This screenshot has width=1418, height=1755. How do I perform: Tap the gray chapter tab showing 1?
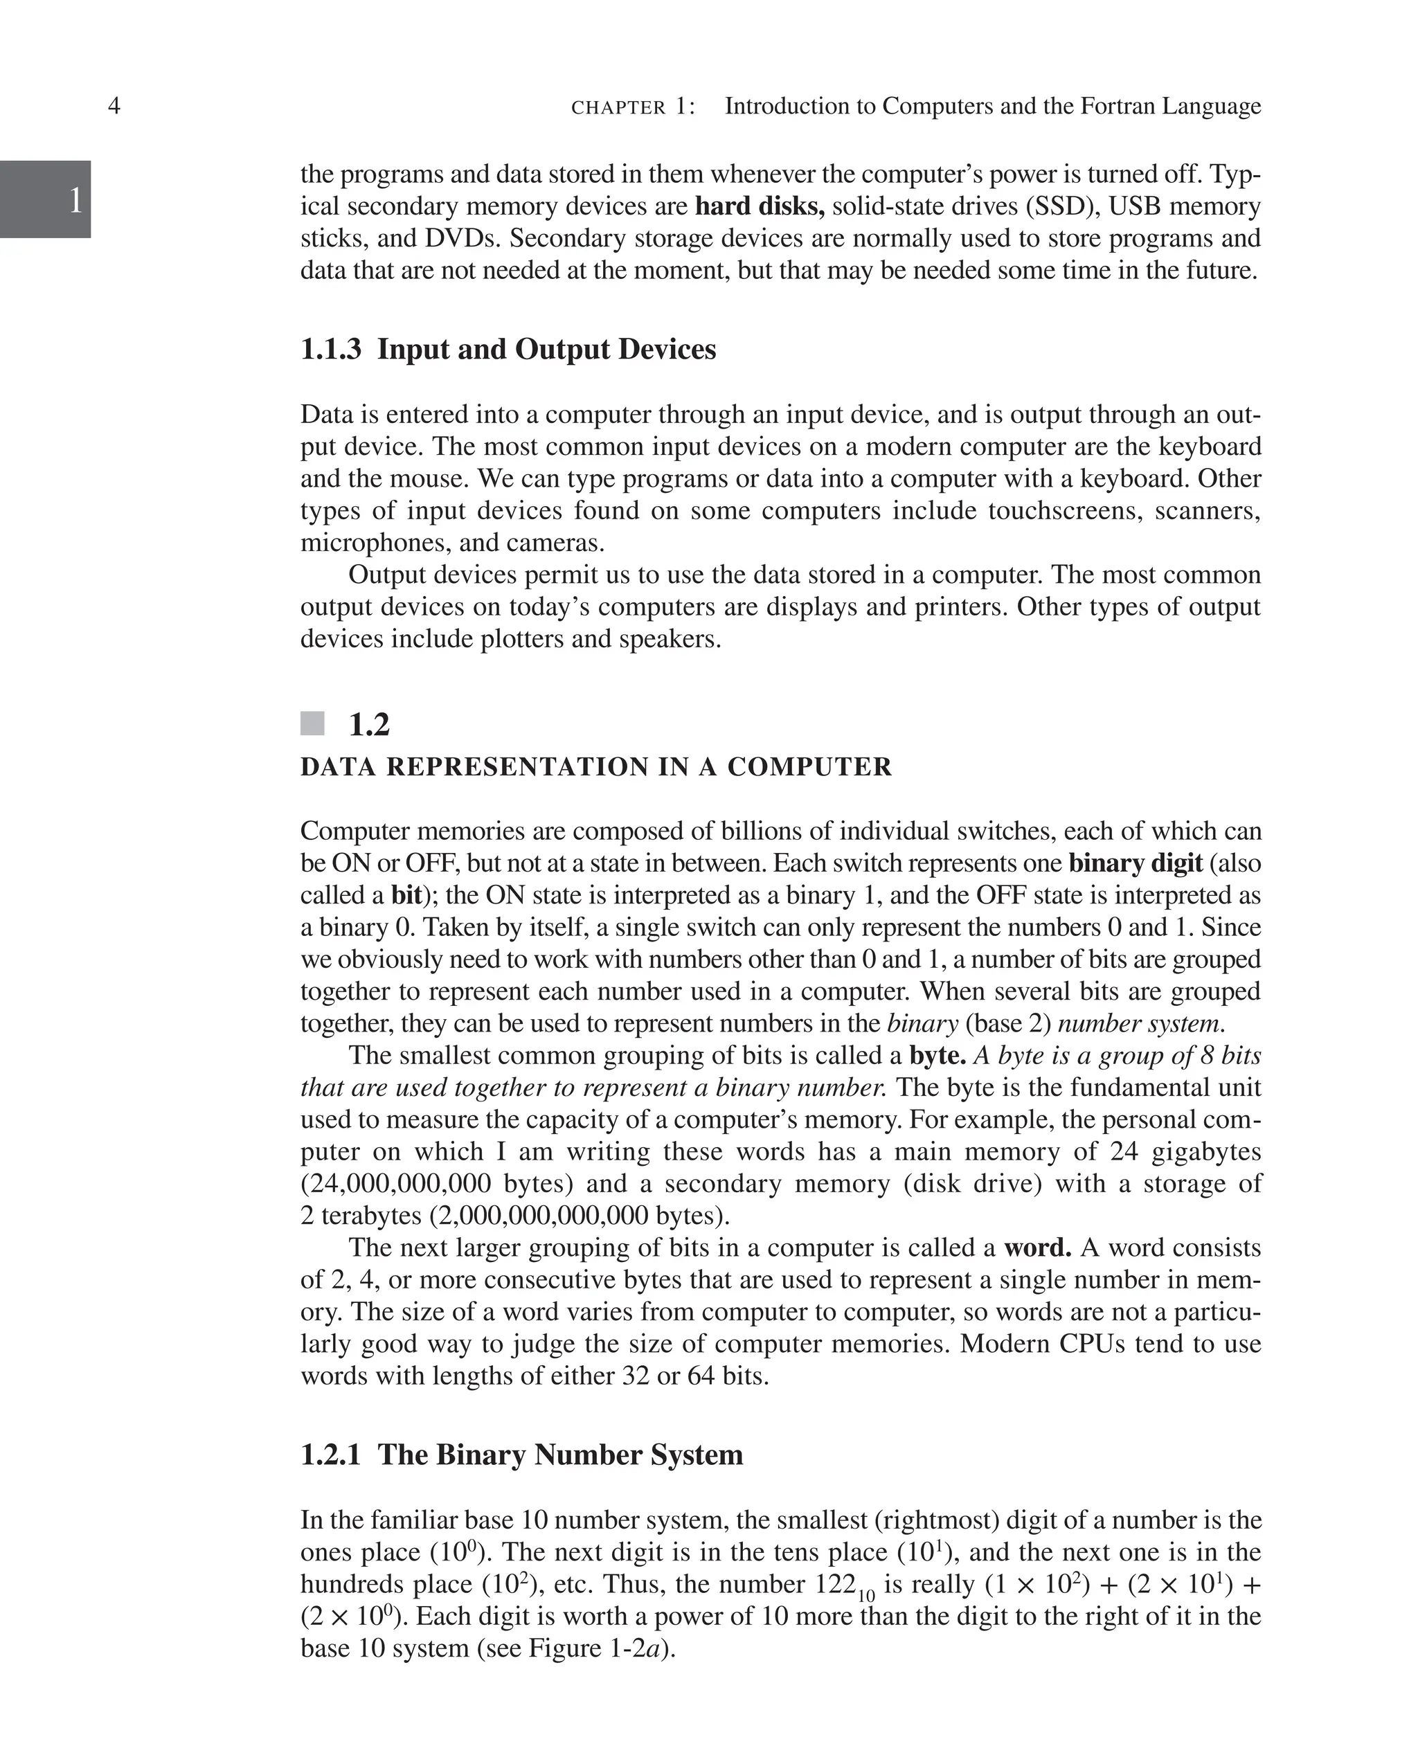coord(46,199)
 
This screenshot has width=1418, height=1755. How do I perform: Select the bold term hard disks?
coord(759,206)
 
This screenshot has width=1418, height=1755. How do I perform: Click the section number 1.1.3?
coord(331,350)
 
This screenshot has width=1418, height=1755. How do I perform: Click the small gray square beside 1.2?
coord(312,723)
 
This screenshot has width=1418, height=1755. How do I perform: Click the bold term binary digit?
coord(1136,863)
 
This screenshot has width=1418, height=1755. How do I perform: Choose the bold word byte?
coord(937,1056)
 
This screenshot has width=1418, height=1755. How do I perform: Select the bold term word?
coord(1036,1248)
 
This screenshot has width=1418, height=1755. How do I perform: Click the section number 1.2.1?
coord(331,1455)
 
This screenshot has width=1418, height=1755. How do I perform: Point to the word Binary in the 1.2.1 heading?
coord(481,1455)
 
